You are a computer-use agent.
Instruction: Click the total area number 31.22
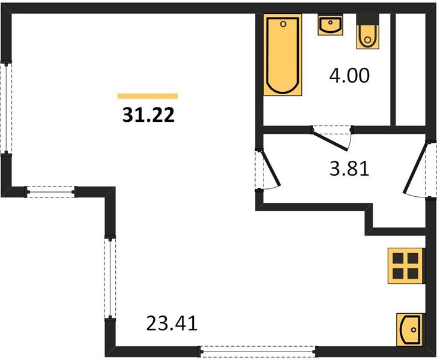tap(148, 115)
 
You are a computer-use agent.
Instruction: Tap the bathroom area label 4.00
tap(349, 75)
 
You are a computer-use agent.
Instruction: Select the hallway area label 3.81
tap(349, 168)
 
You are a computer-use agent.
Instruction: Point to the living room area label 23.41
tap(172, 323)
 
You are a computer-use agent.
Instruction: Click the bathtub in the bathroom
tap(283, 55)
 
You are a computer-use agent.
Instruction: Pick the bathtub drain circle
tap(283, 24)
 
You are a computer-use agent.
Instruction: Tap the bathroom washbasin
tap(330, 25)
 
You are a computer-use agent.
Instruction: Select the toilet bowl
tap(368, 37)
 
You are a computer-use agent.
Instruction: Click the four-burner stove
tap(406, 266)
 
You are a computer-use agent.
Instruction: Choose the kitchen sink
tap(409, 329)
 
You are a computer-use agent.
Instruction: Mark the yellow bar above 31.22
tap(148, 96)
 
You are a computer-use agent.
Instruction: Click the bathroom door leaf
tap(330, 140)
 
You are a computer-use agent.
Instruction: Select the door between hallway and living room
tap(270, 168)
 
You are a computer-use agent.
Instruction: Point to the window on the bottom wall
tap(258, 352)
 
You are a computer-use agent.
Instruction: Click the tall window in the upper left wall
tap(6, 107)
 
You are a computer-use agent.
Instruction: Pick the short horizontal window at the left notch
tap(50, 192)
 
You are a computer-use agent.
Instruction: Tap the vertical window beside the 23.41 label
tap(110, 278)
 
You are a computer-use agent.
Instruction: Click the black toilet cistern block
tap(368, 20)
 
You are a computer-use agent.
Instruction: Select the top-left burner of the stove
tap(398, 258)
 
